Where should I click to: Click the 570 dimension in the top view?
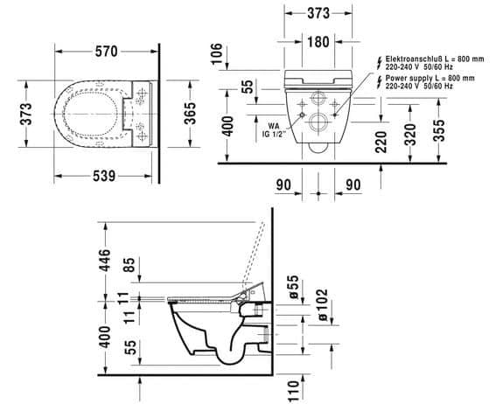(106, 52)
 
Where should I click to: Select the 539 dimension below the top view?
(104, 176)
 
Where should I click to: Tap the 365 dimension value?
(190, 114)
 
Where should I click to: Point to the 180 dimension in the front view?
(318, 41)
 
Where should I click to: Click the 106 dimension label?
(217, 53)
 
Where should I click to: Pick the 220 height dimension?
(381, 142)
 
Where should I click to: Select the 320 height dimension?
(410, 135)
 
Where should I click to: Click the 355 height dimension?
(438, 130)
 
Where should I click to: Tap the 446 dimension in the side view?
(105, 261)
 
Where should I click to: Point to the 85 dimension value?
(129, 266)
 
